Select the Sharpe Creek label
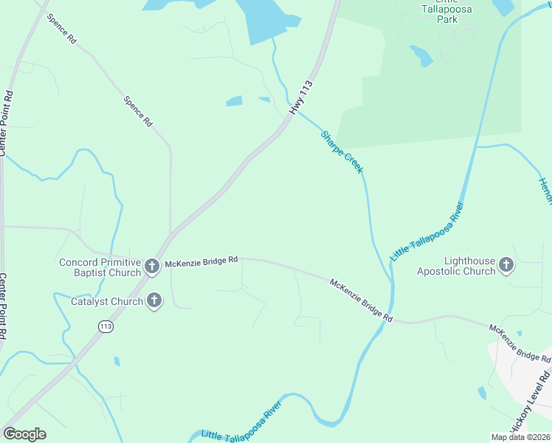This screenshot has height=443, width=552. pyautogui.click(x=342, y=152)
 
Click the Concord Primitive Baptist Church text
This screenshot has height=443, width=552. pyautogui.click(x=100, y=267)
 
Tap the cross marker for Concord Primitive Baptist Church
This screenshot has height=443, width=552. pyautogui.click(x=152, y=267)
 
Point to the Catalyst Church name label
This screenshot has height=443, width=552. pyautogui.click(x=106, y=301)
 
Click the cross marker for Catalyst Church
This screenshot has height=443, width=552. pyautogui.click(x=154, y=300)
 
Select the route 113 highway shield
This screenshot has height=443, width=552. pyautogui.click(x=106, y=326)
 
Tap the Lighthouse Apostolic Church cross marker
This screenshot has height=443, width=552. pyautogui.click(x=506, y=264)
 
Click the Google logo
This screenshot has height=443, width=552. pyautogui.click(x=24, y=434)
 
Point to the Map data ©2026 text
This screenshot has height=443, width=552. pyautogui.click(x=520, y=437)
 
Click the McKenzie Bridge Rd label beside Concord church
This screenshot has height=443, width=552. pyautogui.click(x=201, y=261)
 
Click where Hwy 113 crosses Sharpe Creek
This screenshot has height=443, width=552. pyautogui.click(x=294, y=118)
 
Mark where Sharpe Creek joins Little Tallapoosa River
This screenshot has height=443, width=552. pyautogui.click(x=391, y=281)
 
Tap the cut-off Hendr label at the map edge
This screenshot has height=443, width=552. pyautogui.click(x=545, y=191)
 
